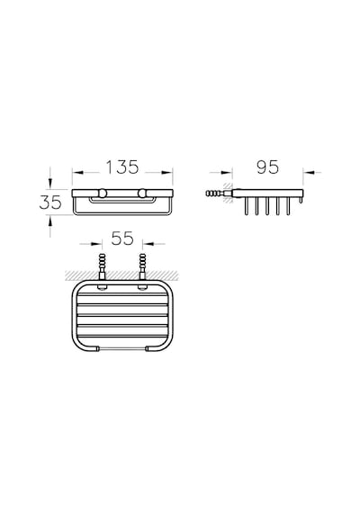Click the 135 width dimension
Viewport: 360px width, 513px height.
click(x=122, y=167)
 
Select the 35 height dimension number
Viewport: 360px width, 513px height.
click(x=50, y=202)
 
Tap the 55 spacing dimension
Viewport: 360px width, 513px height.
click(x=122, y=238)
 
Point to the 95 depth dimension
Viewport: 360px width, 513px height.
click(x=267, y=167)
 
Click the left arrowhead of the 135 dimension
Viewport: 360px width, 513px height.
click(x=77, y=173)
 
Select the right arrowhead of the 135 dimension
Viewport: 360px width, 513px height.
click(x=167, y=173)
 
